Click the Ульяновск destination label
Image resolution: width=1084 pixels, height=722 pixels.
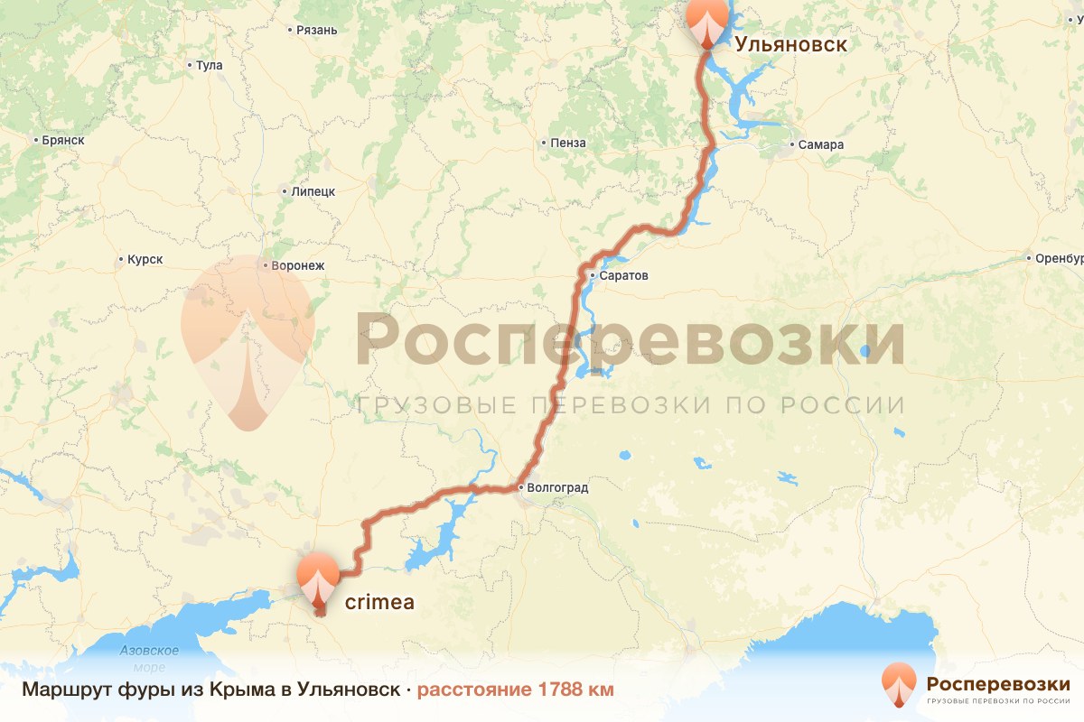click(x=790, y=44)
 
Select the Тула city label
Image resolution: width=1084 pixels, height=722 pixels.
click(x=209, y=65)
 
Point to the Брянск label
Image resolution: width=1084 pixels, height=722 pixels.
click(x=63, y=140)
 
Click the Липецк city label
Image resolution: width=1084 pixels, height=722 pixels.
click(x=313, y=191)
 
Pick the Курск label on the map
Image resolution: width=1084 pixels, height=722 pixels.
click(x=145, y=260)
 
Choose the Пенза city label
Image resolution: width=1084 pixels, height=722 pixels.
click(x=568, y=143)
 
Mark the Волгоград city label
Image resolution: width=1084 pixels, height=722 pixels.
click(x=557, y=488)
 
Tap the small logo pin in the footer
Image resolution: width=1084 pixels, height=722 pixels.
click(x=898, y=684)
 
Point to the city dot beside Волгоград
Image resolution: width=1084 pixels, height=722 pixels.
click(x=520, y=488)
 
